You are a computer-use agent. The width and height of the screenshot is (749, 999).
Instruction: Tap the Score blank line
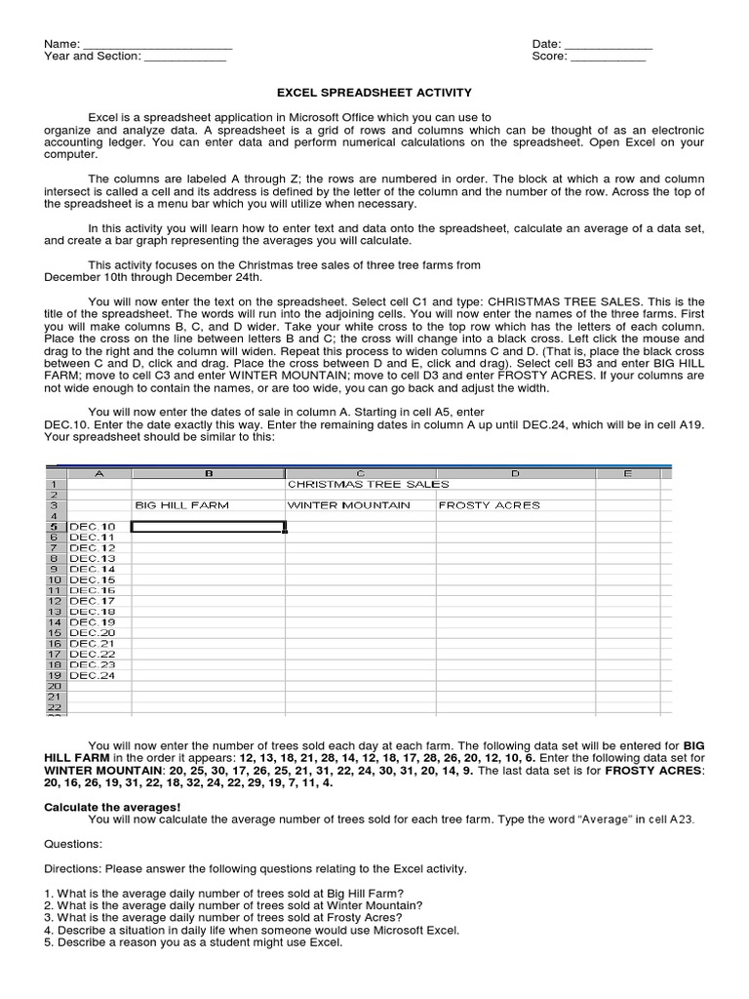608,58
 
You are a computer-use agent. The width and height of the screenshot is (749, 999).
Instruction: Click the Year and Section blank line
185,58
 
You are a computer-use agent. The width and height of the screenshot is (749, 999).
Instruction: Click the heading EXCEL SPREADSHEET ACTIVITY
374,93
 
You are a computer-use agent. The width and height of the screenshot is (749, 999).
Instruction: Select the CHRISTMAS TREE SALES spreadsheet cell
368,484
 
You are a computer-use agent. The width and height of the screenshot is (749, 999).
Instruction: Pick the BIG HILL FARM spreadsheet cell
180,505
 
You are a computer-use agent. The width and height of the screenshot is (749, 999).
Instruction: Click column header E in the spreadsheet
628,473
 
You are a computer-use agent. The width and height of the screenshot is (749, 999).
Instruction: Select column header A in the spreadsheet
99,473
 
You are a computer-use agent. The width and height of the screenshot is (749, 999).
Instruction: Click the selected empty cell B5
208,527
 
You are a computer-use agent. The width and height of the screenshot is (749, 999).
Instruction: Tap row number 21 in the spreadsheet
55,697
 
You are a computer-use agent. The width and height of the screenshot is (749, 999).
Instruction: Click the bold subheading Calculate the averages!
113,807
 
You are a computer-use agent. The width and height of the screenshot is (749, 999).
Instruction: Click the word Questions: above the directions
72,844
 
